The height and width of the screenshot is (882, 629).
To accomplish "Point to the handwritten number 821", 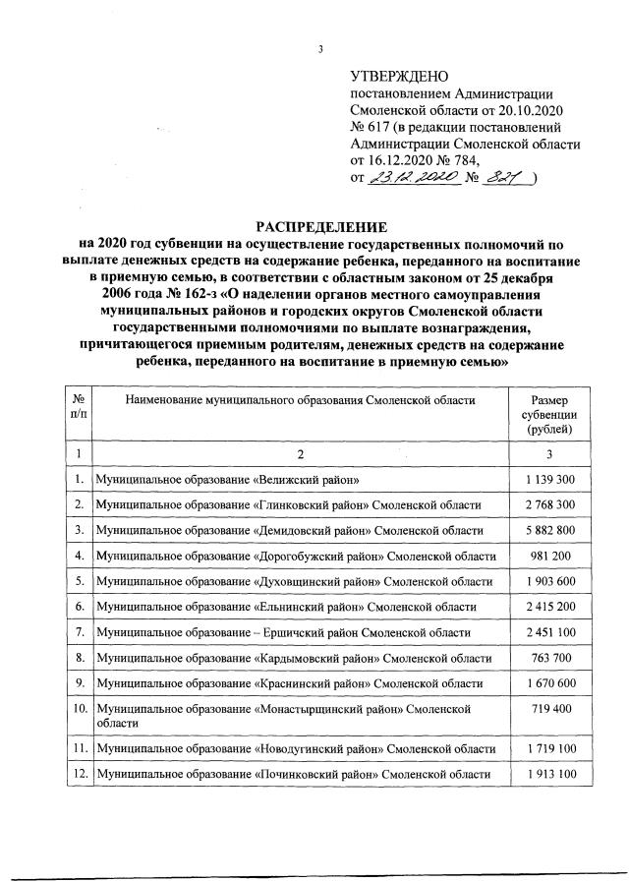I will pyautogui.click(x=508, y=177).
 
